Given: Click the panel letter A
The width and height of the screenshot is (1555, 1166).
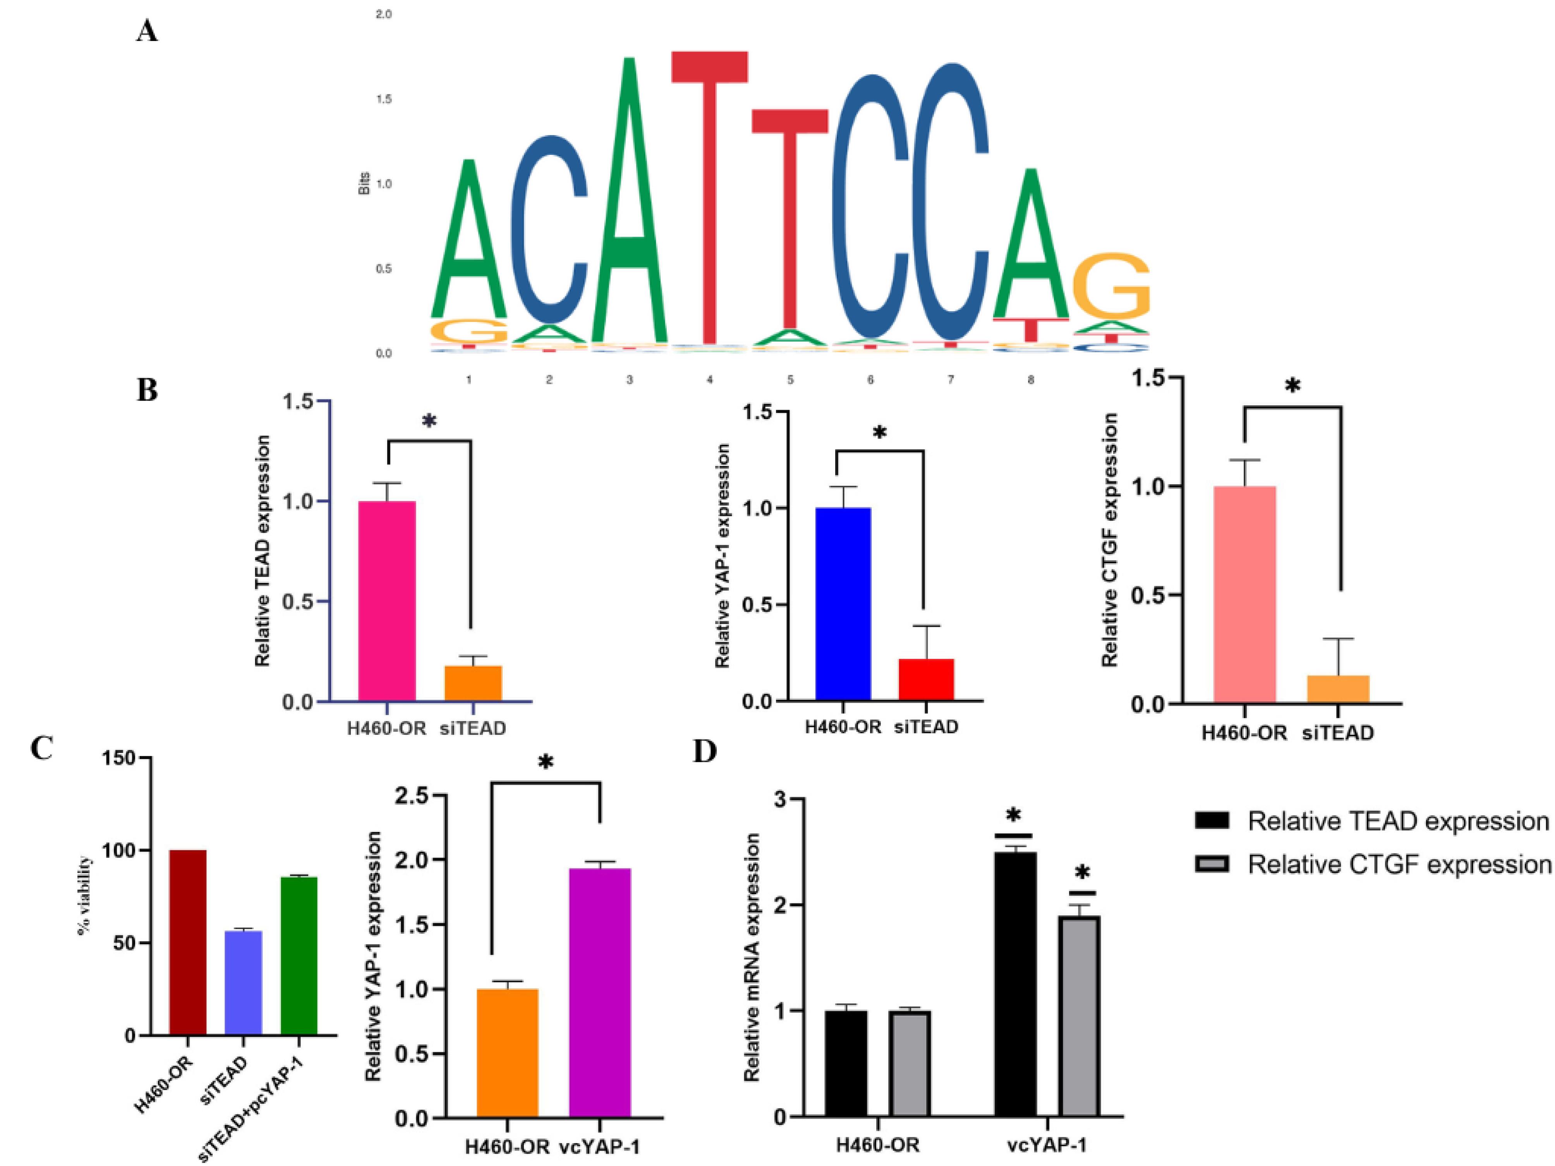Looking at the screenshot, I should tap(147, 31).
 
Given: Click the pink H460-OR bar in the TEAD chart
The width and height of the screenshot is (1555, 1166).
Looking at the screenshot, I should tap(387, 601).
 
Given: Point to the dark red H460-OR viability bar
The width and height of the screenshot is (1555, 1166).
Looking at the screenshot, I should tap(188, 942).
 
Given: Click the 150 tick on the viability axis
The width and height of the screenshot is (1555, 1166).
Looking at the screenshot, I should tap(120, 758).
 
